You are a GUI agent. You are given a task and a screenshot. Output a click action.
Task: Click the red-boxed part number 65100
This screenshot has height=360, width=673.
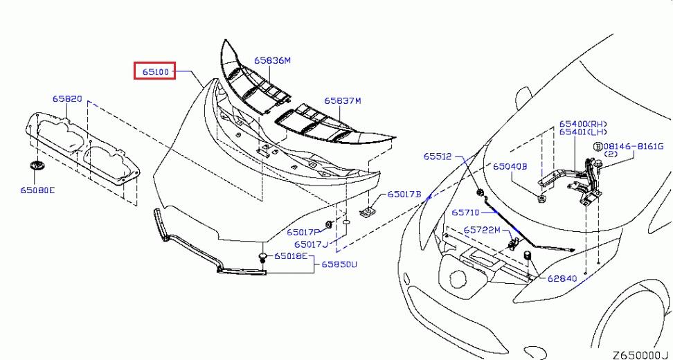point(155,72)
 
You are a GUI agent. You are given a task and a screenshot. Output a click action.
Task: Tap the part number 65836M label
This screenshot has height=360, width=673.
point(272,60)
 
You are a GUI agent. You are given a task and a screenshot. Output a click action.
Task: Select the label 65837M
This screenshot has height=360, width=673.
point(342,101)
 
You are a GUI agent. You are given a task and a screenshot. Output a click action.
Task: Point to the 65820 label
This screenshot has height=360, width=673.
point(67,99)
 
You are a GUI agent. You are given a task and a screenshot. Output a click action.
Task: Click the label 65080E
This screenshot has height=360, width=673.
point(37,190)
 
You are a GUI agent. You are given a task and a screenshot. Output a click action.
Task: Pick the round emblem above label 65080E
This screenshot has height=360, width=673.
point(35,166)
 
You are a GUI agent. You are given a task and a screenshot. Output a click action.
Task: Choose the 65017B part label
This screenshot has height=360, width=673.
point(404,194)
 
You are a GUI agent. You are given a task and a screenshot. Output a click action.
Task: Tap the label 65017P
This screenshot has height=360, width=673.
point(303,232)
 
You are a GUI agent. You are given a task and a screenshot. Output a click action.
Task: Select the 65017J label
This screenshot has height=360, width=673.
point(311,244)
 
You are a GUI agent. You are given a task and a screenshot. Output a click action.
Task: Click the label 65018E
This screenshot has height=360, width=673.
point(291,256)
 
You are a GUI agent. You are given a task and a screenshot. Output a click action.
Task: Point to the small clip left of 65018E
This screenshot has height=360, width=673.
point(263,258)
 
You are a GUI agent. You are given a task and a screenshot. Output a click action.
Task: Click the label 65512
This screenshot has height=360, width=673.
point(438,156)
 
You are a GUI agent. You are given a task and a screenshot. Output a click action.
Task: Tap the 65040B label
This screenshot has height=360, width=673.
point(510,166)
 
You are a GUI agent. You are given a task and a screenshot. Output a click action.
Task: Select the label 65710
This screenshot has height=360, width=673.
point(465,213)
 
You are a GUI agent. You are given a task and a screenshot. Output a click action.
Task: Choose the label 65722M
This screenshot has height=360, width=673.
point(482,231)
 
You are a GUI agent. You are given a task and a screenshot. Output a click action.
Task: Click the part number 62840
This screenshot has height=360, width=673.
point(562,278)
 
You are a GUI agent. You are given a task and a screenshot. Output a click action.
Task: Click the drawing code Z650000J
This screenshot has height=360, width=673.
point(640,355)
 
